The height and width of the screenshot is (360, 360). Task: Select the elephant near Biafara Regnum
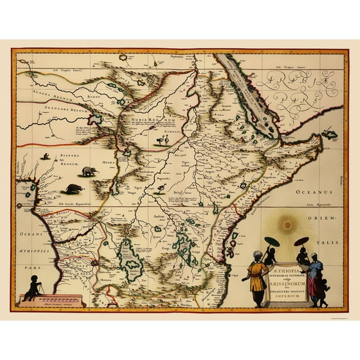pos(89,170)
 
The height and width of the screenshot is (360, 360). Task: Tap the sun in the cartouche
pos(288,224)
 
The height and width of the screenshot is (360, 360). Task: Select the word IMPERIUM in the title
pos(287,287)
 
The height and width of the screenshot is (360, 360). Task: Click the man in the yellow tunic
pos(257,278)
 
